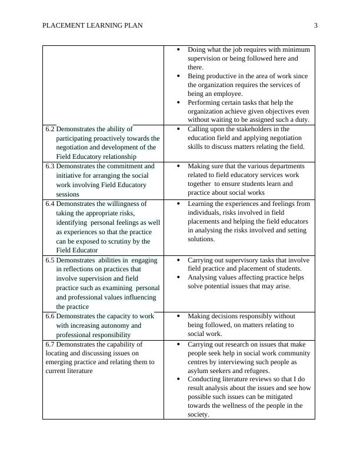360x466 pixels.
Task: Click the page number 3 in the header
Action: click(315, 25)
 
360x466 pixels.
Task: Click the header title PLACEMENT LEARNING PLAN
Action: click(92, 25)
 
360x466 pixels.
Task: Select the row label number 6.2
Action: click(49, 129)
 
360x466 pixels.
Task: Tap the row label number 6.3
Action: click(49, 167)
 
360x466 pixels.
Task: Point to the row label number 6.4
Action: click(49, 204)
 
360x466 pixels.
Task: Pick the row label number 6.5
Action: click(49, 260)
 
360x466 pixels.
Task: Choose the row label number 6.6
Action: click(49, 317)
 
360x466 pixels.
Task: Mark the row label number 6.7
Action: click(49, 344)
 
